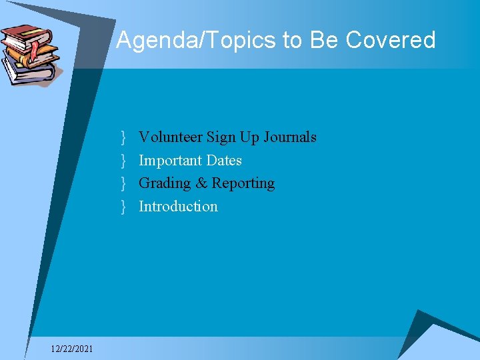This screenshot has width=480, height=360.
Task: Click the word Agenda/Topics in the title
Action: (197, 40)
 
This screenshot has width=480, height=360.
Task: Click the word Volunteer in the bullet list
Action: (170, 137)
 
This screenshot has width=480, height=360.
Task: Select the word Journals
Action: (290, 137)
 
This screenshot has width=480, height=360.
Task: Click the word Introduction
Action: (178, 207)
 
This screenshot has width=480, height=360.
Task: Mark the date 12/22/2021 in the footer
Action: (72, 349)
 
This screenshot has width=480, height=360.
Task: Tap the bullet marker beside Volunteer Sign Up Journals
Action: (124, 138)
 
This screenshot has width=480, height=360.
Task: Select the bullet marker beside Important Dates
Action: (124, 161)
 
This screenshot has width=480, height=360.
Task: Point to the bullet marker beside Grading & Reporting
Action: (124, 183)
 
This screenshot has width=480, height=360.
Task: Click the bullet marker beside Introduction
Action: (124, 207)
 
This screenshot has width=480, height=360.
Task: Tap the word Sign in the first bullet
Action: (220, 137)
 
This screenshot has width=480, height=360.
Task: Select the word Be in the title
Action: (325, 40)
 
